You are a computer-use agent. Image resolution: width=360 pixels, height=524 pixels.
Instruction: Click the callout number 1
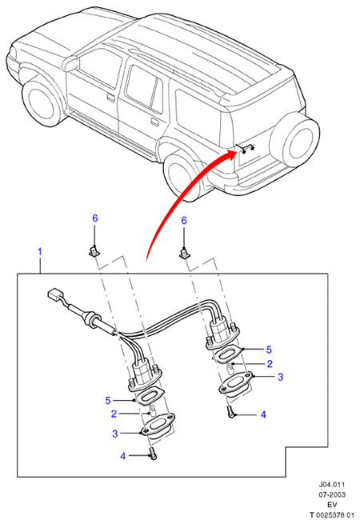pos(40,251)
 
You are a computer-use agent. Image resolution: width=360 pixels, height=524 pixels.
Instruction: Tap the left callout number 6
pos(95,218)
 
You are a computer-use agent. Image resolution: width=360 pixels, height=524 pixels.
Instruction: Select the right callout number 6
pos(184,221)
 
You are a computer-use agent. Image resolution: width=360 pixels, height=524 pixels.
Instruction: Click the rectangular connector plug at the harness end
pos(55,294)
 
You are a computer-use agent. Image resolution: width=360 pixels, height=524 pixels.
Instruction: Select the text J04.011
pos(331,484)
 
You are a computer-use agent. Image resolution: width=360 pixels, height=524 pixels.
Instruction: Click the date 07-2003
pos(331,494)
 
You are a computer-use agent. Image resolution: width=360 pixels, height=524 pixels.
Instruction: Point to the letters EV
pos(332,505)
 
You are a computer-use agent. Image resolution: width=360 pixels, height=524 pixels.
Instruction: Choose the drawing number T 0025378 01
pos(331,515)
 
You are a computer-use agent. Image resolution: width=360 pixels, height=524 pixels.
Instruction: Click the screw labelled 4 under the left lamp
pos(153,454)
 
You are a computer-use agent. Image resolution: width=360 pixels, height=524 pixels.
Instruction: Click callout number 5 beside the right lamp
pos(269,350)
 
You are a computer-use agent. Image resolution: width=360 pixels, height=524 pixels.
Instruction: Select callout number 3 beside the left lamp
pos(115,434)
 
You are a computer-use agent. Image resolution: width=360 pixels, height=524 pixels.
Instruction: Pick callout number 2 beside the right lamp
pos(270,363)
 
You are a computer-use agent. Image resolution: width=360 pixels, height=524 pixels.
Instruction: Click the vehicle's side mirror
pos(72,63)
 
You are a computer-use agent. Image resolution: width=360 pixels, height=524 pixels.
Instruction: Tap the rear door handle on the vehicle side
pos(154,122)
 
